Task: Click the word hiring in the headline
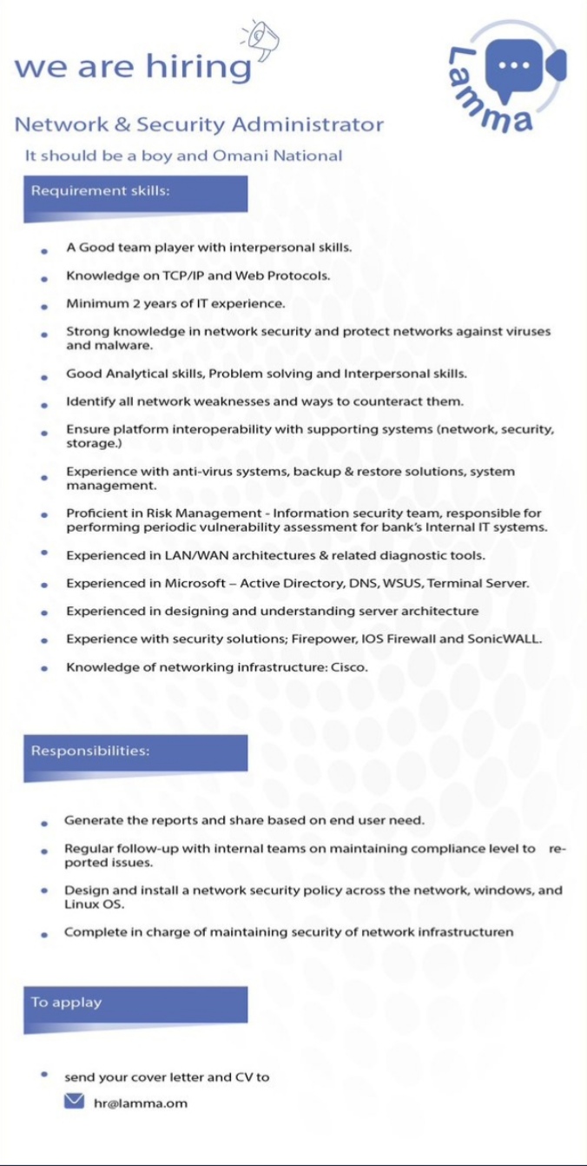(198, 67)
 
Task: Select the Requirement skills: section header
(101, 191)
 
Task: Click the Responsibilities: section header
(90, 751)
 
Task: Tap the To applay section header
(67, 1002)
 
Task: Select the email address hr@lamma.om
(140, 1103)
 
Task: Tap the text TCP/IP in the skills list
(189, 275)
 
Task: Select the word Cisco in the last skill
(349, 667)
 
